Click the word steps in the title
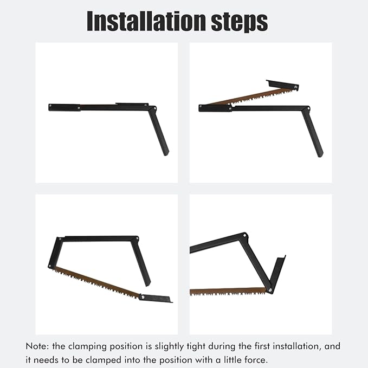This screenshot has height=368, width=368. point(240,22)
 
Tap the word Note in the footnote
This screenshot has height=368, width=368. point(37,346)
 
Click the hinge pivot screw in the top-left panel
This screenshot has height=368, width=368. point(155,108)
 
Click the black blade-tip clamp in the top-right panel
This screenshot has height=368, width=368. point(282,85)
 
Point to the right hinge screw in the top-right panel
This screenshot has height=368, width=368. point(308,108)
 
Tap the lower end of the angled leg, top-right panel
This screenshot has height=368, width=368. point(320,154)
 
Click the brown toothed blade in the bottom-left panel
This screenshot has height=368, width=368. point(96,282)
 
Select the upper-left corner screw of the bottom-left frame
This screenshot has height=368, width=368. point(60,239)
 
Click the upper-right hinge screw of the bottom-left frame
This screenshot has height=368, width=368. point(137,238)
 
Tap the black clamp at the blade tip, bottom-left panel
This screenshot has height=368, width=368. point(156,298)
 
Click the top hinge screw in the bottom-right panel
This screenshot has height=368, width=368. point(244,235)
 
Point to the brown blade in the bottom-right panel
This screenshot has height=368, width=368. point(228,292)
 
